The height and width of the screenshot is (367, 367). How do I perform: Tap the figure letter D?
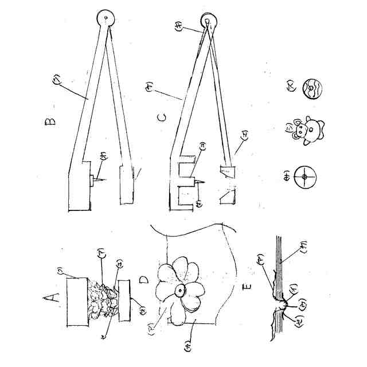(x=144, y=281)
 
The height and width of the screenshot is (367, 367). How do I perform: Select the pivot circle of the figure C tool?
(x=208, y=23)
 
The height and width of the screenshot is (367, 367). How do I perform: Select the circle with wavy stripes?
(x=313, y=91)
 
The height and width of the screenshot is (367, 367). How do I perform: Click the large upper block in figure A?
(x=77, y=302)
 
